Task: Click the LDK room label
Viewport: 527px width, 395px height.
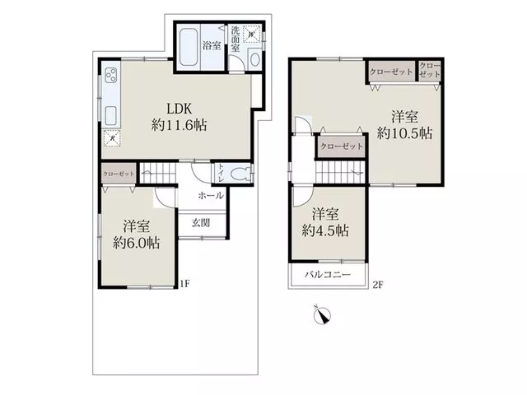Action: pyautogui.click(x=180, y=109)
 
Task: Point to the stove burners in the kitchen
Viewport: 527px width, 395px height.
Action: pyautogui.click(x=111, y=75)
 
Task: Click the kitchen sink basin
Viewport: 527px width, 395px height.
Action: pyautogui.click(x=111, y=115)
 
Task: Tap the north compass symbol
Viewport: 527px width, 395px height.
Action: pyautogui.click(x=322, y=315)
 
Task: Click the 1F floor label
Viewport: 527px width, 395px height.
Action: pyautogui.click(x=184, y=284)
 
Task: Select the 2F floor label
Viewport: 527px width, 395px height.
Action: pyautogui.click(x=377, y=285)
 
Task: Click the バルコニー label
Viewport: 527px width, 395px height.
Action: pyautogui.click(x=328, y=275)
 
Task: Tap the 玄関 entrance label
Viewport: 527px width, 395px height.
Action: pyautogui.click(x=201, y=222)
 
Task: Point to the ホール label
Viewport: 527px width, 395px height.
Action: pyautogui.click(x=211, y=196)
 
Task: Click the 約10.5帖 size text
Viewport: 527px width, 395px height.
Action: pyautogui.click(x=404, y=133)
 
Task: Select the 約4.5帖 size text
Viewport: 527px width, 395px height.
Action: pyautogui.click(x=325, y=230)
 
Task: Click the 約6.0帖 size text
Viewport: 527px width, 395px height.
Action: pyautogui.click(x=136, y=243)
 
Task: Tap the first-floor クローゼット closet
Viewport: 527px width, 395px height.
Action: pyautogui.click(x=119, y=174)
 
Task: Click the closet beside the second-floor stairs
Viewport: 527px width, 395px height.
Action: pyautogui.click(x=342, y=146)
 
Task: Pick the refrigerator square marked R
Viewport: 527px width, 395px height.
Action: pyautogui.click(x=112, y=138)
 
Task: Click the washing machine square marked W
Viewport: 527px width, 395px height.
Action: pyautogui.click(x=251, y=34)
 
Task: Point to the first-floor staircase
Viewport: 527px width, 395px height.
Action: pyautogui.click(x=158, y=173)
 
